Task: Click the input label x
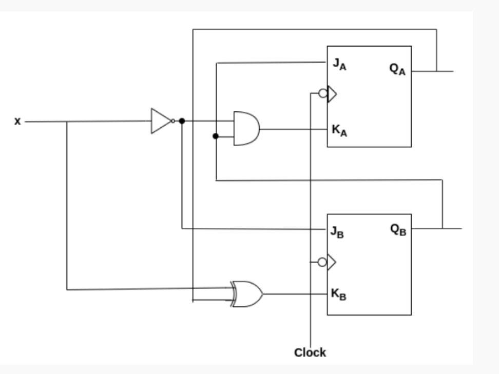pyautogui.click(x=18, y=122)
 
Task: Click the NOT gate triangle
pyautogui.click(x=160, y=121)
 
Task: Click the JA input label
pyautogui.click(x=339, y=65)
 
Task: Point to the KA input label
pyautogui.click(x=339, y=130)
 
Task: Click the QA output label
pyautogui.click(x=397, y=70)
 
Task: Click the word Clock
pyautogui.click(x=310, y=353)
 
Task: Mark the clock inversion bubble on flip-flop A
pyautogui.click(x=322, y=93)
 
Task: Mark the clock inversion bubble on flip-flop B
pyautogui.click(x=322, y=262)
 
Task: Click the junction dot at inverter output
pyautogui.click(x=182, y=121)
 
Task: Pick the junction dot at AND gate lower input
pyautogui.click(x=216, y=136)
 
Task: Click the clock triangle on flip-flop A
pyautogui.click(x=332, y=94)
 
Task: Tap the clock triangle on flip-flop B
pyautogui.click(x=331, y=262)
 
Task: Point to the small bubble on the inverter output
pyautogui.click(x=174, y=121)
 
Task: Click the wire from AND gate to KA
pyautogui.click(x=293, y=129)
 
